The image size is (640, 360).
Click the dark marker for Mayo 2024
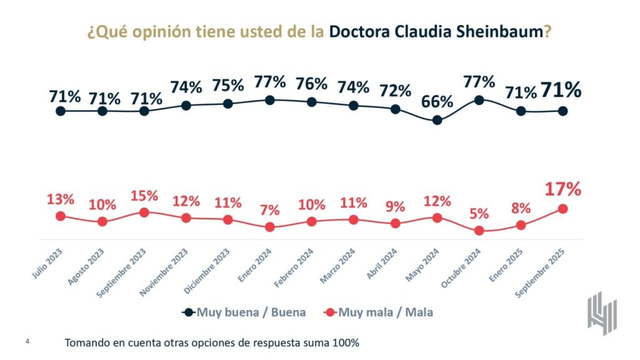click(x=437, y=120)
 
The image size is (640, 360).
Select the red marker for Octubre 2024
click(x=479, y=231)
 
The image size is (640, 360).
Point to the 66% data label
click(x=437, y=102)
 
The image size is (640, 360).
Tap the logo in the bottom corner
click(x=602, y=312)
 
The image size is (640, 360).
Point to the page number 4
click(x=27, y=341)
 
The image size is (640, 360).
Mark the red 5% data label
click(x=479, y=214)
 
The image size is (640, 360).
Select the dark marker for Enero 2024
click(x=269, y=99)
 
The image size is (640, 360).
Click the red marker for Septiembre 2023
click(x=144, y=212)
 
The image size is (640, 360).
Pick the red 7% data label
click(x=269, y=210)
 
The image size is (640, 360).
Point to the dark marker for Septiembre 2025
click(x=562, y=111)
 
